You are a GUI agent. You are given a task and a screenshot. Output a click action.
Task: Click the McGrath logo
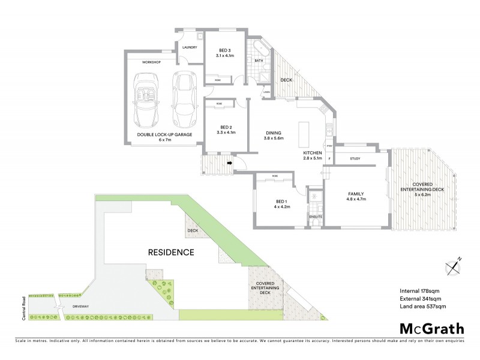[431, 328]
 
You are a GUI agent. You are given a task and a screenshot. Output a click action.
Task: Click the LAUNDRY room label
[190, 47]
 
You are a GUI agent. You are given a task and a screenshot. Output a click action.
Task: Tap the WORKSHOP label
[152, 62]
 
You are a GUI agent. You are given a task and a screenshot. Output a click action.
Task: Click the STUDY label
[355, 159]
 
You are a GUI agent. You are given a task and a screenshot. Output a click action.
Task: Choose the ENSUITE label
[316, 216]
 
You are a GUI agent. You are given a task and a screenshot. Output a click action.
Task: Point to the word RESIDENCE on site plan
[171, 253]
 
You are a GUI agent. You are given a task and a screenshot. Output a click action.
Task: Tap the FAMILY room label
[356, 194]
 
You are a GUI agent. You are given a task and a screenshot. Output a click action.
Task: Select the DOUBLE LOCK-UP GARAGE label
[164, 134]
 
